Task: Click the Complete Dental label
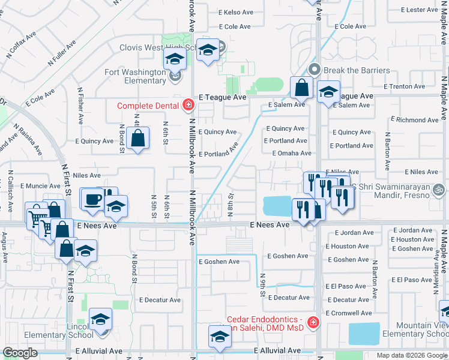(148, 106)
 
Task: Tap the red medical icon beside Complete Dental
(188, 106)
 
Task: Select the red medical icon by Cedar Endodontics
(312, 323)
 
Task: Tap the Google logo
(20, 352)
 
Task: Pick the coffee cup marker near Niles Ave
(92, 199)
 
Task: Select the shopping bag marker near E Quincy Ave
(138, 139)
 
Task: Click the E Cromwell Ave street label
(349, 313)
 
